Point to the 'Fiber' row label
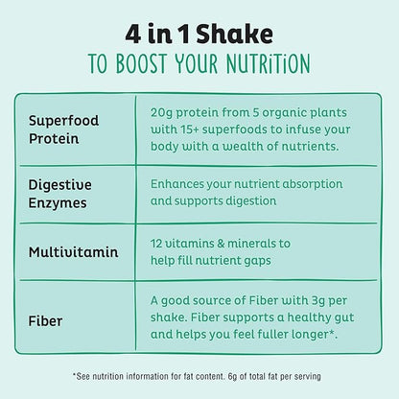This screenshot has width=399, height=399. [x=46, y=312]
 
